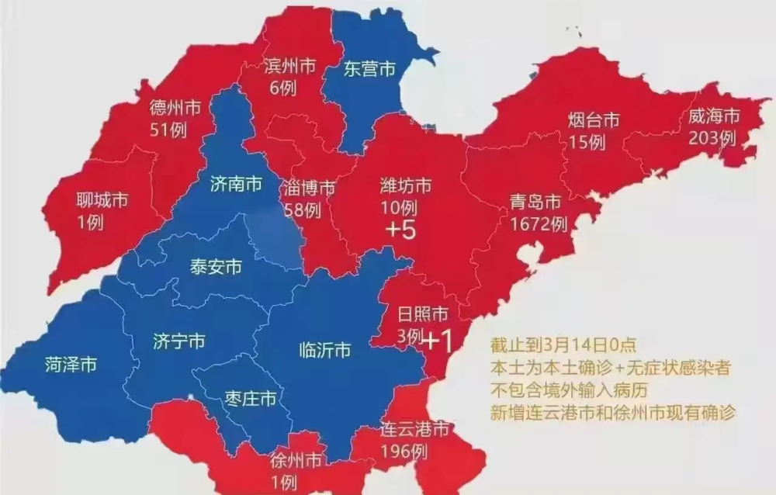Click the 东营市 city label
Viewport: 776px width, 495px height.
(370, 70)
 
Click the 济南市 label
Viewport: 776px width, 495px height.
(236, 185)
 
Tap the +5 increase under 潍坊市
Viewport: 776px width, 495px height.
(404, 230)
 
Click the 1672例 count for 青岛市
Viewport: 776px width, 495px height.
(539, 224)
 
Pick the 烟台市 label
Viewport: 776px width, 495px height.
(594, 120)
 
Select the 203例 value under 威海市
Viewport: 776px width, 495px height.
(711, 137)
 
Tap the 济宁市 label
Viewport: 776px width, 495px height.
(179, 341)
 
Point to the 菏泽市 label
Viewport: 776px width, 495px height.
(71, 363)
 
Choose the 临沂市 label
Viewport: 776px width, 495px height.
(324, 351)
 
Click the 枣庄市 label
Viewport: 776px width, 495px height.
(250, 399)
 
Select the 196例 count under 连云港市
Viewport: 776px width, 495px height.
(404, 449)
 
